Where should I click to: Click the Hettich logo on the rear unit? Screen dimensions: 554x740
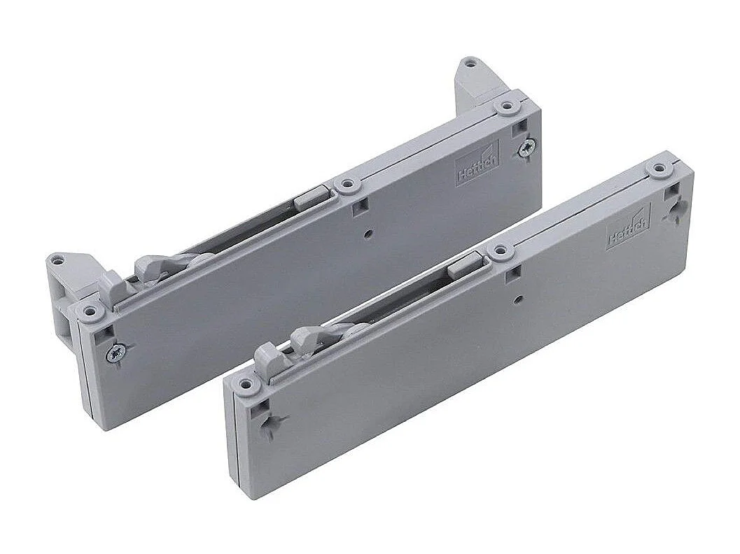point(478,166)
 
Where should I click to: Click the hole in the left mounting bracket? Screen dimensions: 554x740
point(60,260)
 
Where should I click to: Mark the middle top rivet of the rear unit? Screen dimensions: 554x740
point(347,185)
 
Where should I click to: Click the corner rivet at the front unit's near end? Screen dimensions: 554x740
point(246,383)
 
